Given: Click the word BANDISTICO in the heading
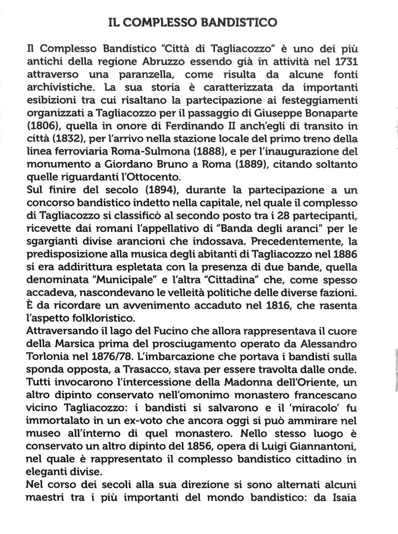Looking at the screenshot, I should (x=240, y=22).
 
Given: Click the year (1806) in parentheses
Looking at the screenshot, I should (x=43, y=126).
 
